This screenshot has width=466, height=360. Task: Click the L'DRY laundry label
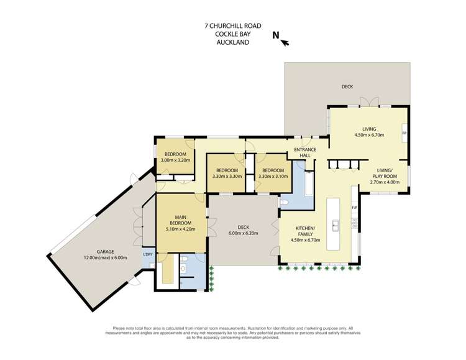coord(148,255)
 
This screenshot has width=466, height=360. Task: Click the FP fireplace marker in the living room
coord(404,134)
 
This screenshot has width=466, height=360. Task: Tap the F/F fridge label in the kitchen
coord(355,207)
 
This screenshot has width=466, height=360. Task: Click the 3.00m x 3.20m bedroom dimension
coord(175,160)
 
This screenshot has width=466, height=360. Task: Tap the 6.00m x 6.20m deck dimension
coord(242,233)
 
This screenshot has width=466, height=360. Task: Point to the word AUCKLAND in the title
coord(233,42)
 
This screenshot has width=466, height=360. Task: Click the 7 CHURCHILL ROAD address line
coord(233,26)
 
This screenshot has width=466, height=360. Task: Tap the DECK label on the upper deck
coord(347,86)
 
